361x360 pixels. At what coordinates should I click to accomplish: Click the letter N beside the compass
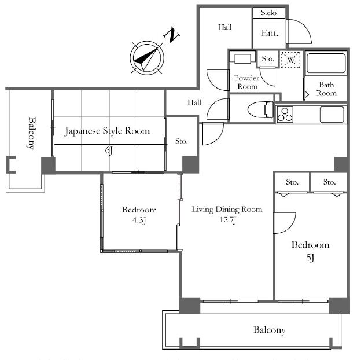click(x=171, y=35)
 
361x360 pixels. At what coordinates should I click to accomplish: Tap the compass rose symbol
click(x=147, y=57)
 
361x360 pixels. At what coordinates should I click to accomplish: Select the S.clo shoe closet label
click(x=268, y=13)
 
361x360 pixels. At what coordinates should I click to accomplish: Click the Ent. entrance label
click(x=270, y=33)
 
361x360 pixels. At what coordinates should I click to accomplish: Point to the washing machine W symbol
click(x=291, y=60)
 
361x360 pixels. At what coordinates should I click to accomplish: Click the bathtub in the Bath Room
click(x=326, y=63)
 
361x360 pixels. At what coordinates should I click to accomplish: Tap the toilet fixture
click(x=261, y=110)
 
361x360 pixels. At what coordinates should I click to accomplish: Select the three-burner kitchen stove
click(x=285, y=115)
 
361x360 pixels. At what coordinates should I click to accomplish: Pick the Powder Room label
click(x=246, y=82)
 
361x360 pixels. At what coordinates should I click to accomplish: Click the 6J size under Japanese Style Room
click(x=109, y=150)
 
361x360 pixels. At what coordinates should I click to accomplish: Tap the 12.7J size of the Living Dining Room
click(x=228, y=219)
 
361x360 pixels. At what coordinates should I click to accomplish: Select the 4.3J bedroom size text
click(x=139, y=220)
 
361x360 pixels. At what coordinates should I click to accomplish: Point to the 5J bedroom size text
click(x=310, y=258)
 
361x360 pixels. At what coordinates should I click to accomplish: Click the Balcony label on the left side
click(x=32, y=133)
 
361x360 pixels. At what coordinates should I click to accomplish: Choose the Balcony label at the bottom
click(x=270, y=330)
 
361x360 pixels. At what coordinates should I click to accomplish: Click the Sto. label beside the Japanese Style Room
click(x=182, y=141)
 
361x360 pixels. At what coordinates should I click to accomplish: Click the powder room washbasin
click(x=242, y=58)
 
